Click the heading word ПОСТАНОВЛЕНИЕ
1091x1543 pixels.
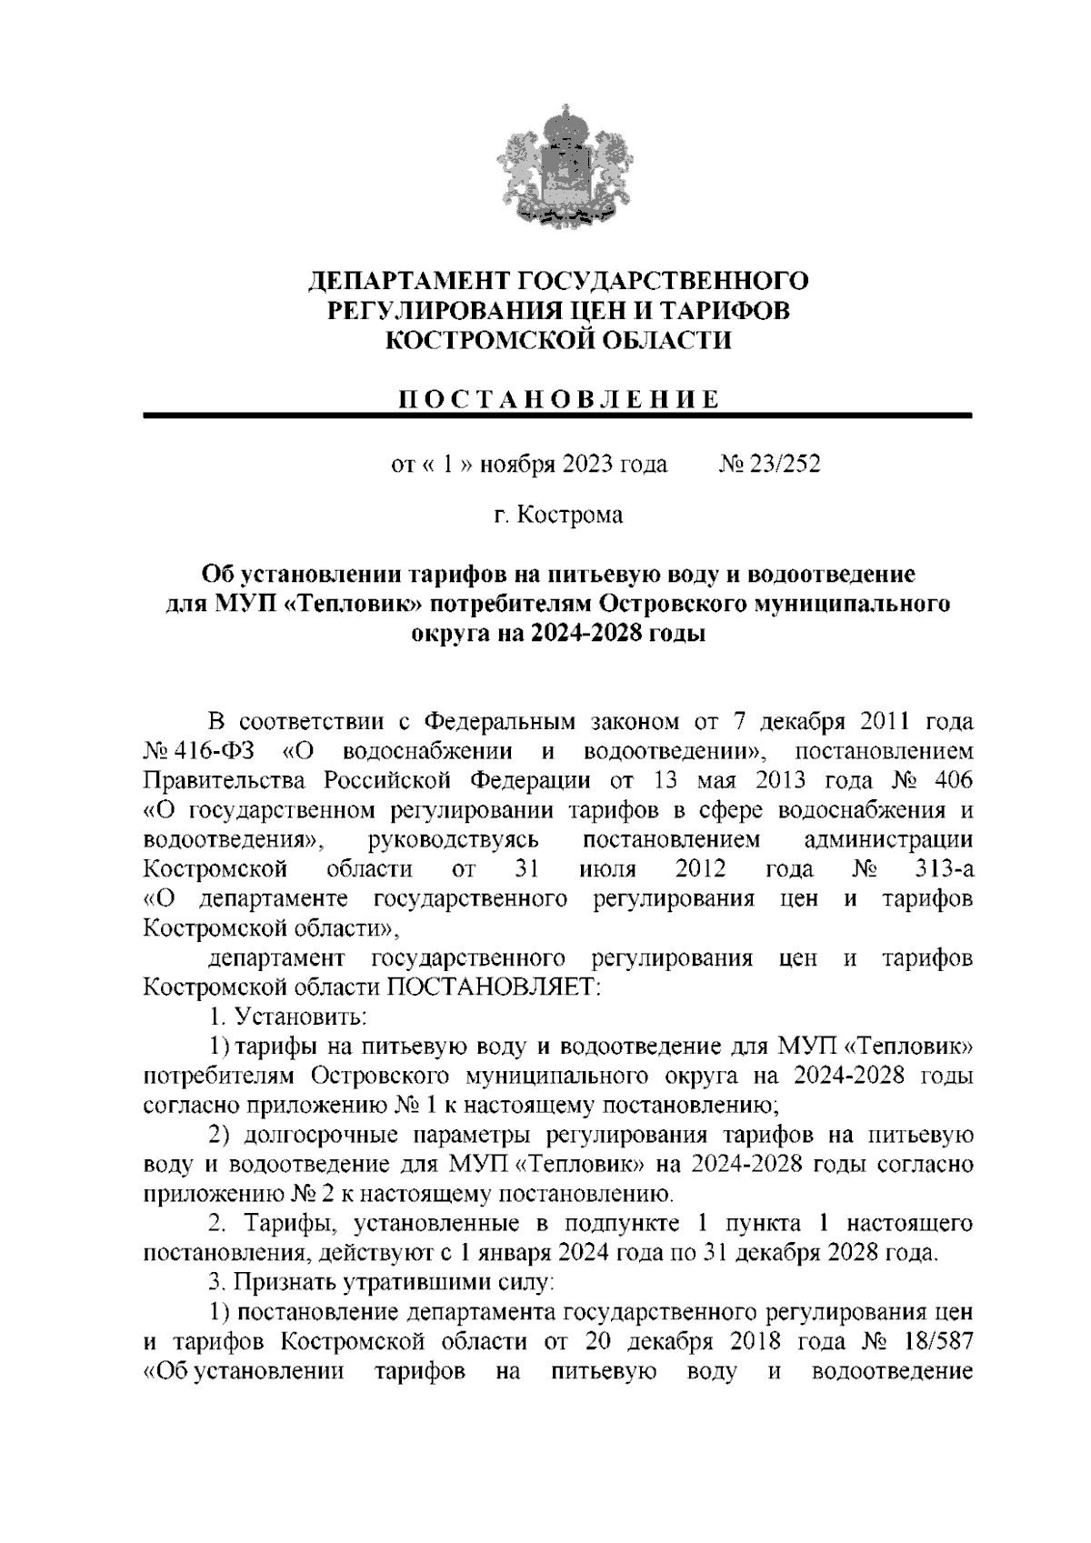tap(556, 399)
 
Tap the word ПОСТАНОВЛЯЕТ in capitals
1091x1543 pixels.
tap(496, 987)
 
